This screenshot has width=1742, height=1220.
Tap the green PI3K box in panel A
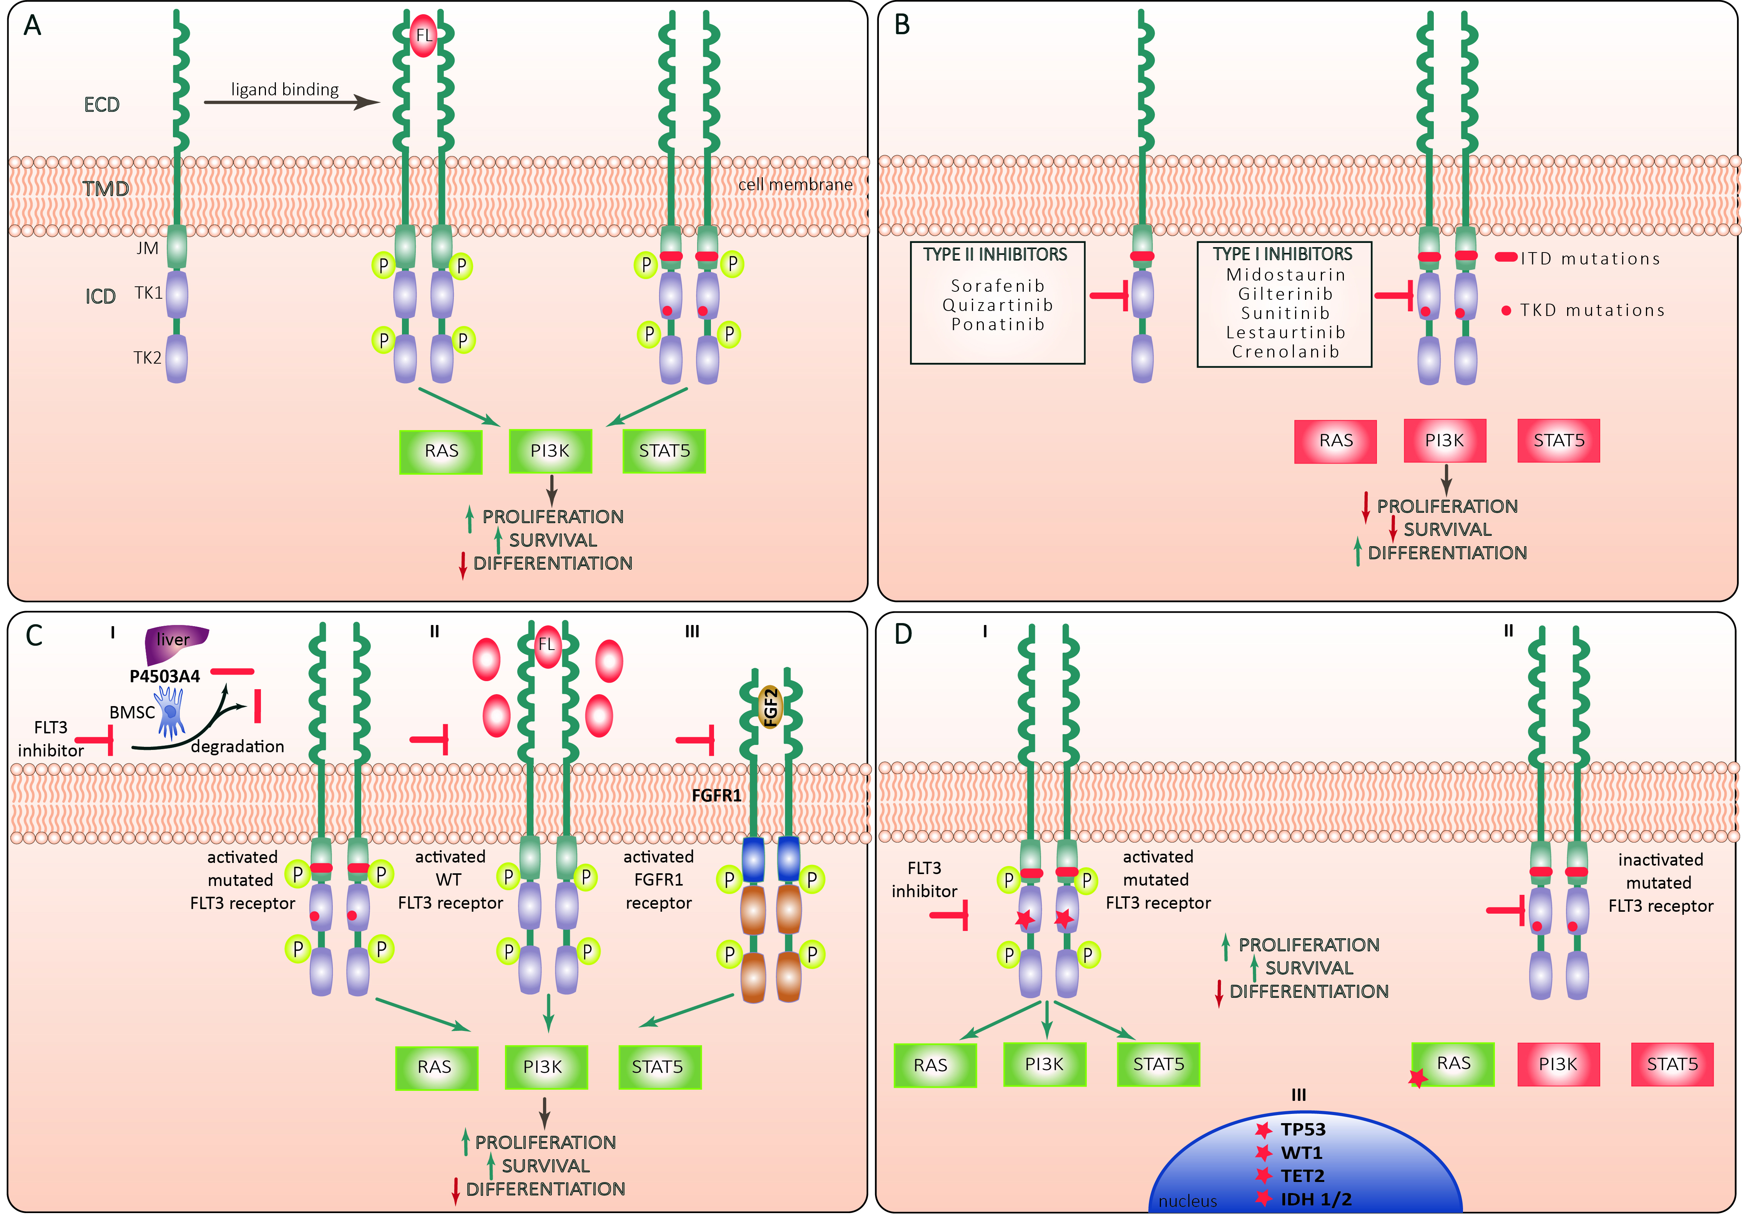coord(550,450)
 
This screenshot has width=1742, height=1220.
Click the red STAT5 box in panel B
coord(1558,441)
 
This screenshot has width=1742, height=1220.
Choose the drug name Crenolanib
coord(1285,351)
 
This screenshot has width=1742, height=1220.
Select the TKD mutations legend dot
coord(1506,310)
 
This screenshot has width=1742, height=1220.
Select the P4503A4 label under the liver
coord(164,676)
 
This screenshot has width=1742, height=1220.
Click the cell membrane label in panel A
coord(795,184)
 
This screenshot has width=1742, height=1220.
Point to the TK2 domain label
coord(147,357)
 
